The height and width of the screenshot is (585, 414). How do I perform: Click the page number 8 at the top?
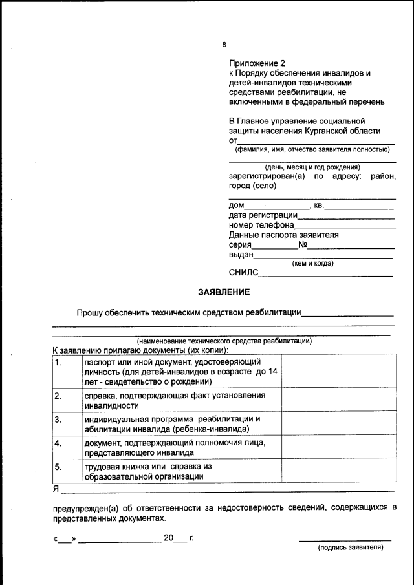click(x=224, y=45)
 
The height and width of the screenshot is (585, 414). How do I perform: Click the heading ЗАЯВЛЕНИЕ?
click(x=224, y=292)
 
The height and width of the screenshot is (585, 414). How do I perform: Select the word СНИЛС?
click(x=243, y=273)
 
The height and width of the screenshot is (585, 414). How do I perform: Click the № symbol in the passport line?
click(x=303, y=245)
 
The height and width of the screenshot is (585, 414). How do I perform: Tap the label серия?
click(x=240, y=246)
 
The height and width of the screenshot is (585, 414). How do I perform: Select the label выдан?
click(x=241, y=255)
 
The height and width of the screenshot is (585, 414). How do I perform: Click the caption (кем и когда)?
click(x=313, y=263)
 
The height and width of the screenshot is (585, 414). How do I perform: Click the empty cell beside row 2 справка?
click(x=338, y=400)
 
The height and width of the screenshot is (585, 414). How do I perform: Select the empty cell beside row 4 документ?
click(x=338, y=447)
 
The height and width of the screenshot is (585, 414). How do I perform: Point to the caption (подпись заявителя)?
click(x=350, y=548)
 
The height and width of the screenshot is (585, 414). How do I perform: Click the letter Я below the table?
click(x=56, y=489)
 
